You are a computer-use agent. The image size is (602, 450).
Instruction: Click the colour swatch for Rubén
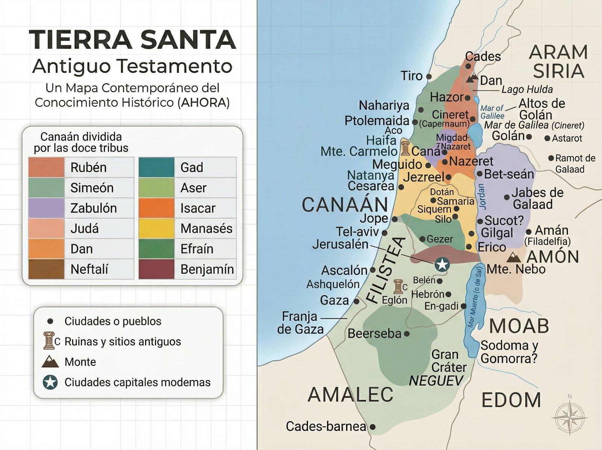tap(46, 168)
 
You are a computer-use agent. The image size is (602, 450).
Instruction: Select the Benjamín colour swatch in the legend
tap(157, 269)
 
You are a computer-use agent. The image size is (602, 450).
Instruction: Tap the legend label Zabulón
tap(93, 208)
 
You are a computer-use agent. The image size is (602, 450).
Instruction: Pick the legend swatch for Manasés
tap(157, 229)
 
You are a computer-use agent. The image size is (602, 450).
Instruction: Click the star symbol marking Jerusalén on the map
tap(442, 264)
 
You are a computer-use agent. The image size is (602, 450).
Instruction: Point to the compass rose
tap(570, 418)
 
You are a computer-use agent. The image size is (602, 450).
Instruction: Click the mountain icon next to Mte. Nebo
tap(514, 258)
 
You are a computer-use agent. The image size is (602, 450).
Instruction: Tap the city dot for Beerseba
tap(407, 334)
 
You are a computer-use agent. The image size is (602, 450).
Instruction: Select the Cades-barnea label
tap(326, 426)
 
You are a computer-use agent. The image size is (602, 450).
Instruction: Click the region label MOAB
tap(519, 326)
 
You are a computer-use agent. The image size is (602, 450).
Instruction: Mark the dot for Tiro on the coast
tap(429, 76)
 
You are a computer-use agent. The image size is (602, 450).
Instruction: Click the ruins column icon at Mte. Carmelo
tap(405, 149)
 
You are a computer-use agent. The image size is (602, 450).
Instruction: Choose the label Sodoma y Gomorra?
tap(509, 352)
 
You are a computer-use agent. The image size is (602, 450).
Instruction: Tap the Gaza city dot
tap(356, 301)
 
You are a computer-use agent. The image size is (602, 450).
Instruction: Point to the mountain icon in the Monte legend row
tap(50, 362)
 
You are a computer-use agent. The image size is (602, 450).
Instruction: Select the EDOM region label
tap(511, 400)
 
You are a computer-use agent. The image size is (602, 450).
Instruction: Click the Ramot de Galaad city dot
tap(551, 158)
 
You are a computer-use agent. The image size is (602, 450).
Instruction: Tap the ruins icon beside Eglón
tap(398, 287)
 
